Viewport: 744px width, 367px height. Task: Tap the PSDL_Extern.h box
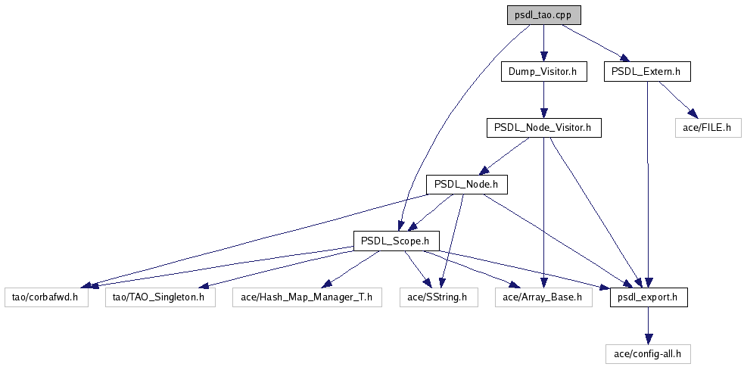(x=647, y=72)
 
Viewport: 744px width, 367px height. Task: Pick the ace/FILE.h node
(x=707, y=128)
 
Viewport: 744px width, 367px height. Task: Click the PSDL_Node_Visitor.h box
(x=543, y=128)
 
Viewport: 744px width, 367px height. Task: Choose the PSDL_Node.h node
(x=465, y=185)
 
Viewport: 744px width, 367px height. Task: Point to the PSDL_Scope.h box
(x=396, y=241)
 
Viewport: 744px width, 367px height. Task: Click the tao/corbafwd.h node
(x=45, y=297)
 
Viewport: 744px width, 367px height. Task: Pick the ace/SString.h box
(x=437, y=297)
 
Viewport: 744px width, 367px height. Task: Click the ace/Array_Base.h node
(x=543, y=297)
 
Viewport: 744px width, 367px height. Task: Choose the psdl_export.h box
(x=649, y=297)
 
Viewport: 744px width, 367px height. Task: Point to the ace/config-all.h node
(x=649, y=353)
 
